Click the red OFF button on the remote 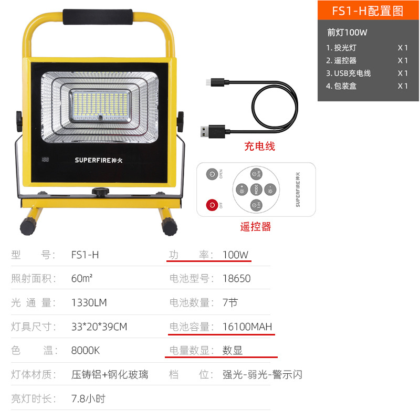pyautogui.click(x=213, y=204)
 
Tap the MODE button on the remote pyautogui.click(x=256, y=190)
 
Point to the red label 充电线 pyautogui.click(x=259, y=146)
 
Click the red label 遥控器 pyautogui.click(x=256, y=227)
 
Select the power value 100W pyautogui.click(x=235, y=255)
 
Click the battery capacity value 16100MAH pyautogui.click(x=247, y=327)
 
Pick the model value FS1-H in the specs pyautogui.click(x=85, y=255)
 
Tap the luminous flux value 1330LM pyautogui.click(x=89, y=302)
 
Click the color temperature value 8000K pyautogui.click(x=86, y=350)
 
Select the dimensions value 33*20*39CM pyautogui.click(x=99, y=327)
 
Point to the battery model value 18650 pyautogui.click(x=237, y=279)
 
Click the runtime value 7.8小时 pyautogui.click(x=88, y=398)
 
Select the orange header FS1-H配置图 pyautogui.click(x=368, y=12)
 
